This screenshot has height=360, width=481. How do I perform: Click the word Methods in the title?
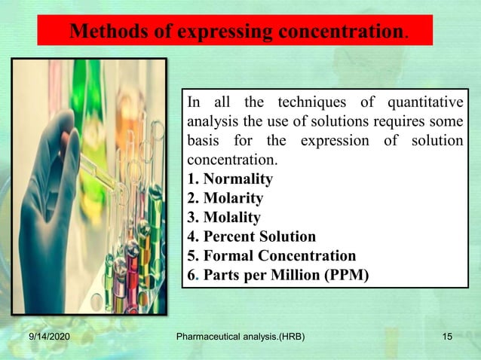(x=103, y=32)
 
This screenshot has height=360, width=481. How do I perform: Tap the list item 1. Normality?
(x=229, y=179)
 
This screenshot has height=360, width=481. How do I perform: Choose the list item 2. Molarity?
(x=225, y=198)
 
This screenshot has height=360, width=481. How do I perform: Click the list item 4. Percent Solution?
(x=250, y=236)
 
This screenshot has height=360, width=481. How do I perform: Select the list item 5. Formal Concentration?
(x=271, y=255)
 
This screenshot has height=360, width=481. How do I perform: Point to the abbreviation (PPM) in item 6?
(x=343, y=275)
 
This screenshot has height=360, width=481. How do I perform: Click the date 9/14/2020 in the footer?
(x=47, y=345)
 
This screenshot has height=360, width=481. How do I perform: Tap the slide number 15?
(x=447, y=345)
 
